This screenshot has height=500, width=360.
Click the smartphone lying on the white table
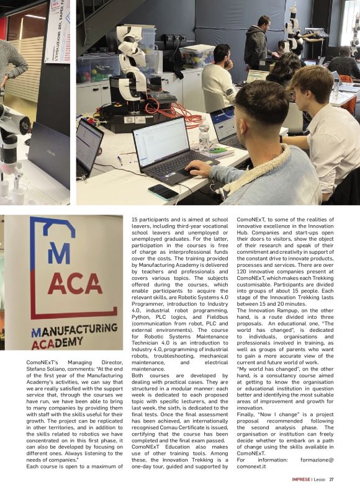(x=163, y=192)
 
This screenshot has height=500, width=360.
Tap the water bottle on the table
(x=204, y=137)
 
